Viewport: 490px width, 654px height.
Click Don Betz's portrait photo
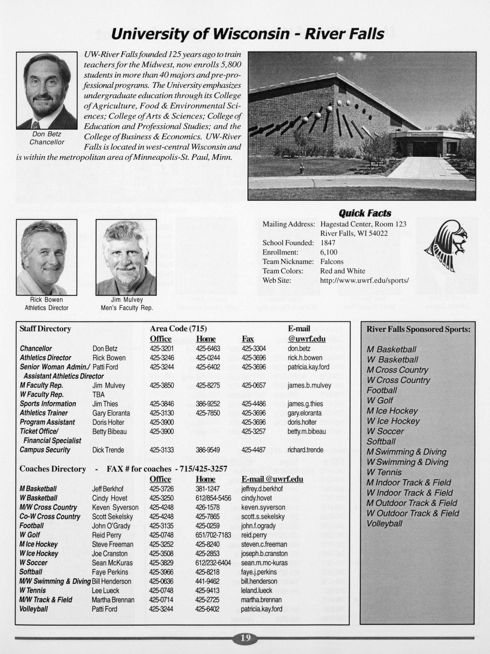(47, 90)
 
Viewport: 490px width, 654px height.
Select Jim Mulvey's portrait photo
(126, 257)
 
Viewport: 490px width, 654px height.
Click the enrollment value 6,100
(329, 252)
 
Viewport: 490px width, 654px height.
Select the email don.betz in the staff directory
(298, 349)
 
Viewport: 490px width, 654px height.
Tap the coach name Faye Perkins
(110, 572)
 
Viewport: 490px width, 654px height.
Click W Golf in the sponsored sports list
(380, 401)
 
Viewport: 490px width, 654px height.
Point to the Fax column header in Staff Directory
(248, 339)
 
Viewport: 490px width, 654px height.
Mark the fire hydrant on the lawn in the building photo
(302, 168)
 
